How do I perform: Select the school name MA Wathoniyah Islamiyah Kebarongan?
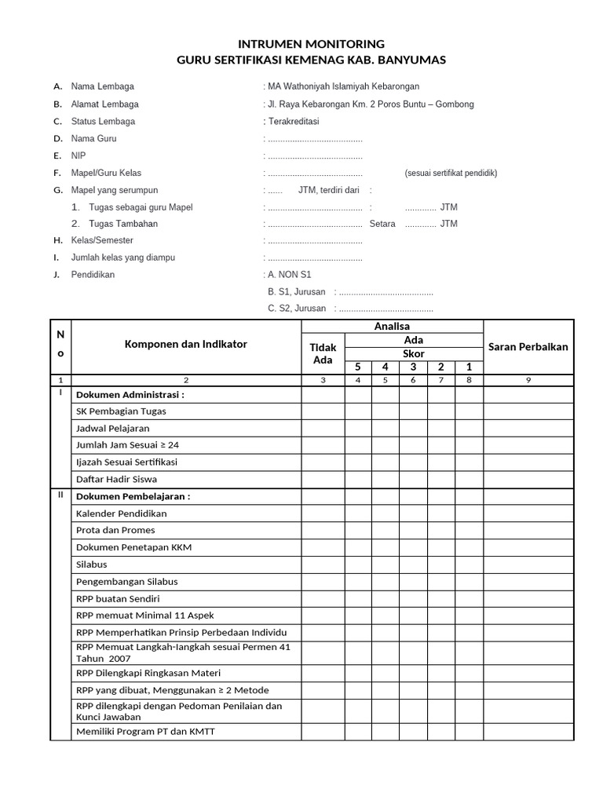tap(344, 86)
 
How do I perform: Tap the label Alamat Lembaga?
tap(104, 104)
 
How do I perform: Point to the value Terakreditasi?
tap(294, 121)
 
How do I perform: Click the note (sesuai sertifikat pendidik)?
tap(451, 173)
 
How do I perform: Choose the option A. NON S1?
tap(290, 275)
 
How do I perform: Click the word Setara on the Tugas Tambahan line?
tap(382, 224)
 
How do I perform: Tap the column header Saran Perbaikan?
tap(528, 346)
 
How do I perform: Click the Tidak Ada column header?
tap(323, 353)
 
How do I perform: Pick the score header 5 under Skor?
tap(358, 367)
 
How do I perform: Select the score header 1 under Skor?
tap(469, 367)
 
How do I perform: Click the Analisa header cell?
tap(392, 326)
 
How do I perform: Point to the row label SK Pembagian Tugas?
tap(121, 411)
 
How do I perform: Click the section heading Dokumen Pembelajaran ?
tap(133, 496)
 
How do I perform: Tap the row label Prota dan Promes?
tap(115, 530)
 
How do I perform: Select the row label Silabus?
tap(92, 564)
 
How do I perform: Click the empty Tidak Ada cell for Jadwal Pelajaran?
tap(323, 429)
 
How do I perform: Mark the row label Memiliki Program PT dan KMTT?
tap(145, 732)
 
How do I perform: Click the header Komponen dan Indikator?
tap(186, 344)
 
